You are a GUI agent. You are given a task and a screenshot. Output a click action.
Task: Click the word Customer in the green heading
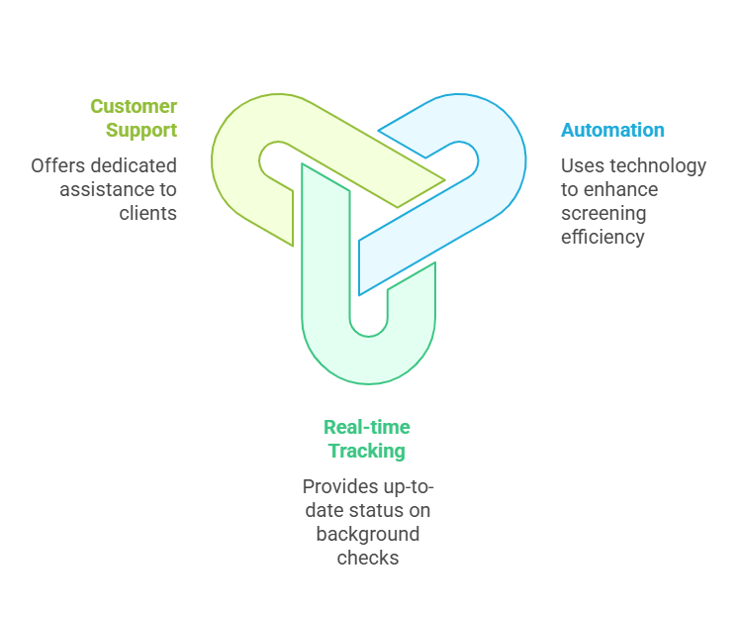pos(134,106)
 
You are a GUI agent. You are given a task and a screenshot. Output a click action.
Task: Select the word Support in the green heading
pos(142,130)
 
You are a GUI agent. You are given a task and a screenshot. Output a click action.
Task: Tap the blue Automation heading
pos(612,130)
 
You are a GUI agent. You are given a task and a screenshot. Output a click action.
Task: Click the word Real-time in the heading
pos(366,427)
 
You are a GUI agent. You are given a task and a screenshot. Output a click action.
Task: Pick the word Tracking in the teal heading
pos(366,451)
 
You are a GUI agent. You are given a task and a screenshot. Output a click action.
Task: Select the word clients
pos(149,213)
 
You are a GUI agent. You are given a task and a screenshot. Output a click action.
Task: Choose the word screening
pos(604,213)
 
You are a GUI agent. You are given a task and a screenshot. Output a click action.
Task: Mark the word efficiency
pos(602,237)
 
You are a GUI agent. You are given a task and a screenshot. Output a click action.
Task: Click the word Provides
pos(340,486)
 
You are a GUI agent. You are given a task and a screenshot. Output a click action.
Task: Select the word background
pos(367,534)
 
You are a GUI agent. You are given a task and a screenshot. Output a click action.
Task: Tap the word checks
pos(367,558)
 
